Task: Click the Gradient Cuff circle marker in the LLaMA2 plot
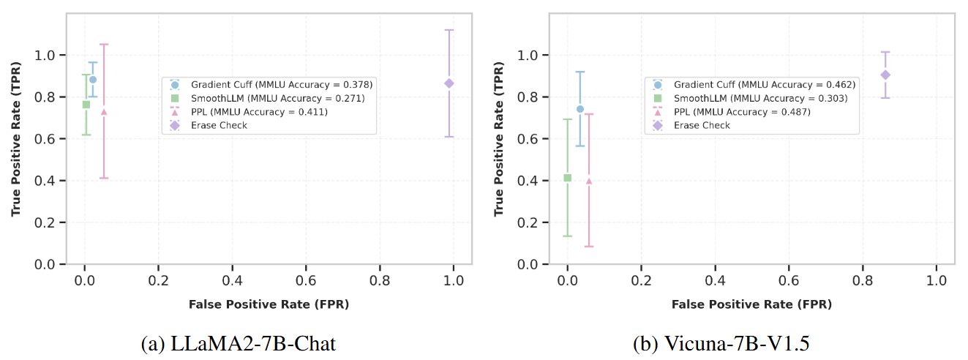click(93, 80)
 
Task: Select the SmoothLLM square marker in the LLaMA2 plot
click(86, 105)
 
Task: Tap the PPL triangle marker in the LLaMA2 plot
click(104, 112)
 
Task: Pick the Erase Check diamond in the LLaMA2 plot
click(449, 83)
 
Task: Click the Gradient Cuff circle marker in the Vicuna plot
click(580, 109)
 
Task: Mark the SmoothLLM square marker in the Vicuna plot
click(567, 178)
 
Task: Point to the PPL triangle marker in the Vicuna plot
click(589, 181)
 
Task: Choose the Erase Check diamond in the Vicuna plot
click(885, 75)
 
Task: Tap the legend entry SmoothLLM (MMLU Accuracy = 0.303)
click(761, 98)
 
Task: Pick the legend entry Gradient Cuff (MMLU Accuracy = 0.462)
click(765, 85)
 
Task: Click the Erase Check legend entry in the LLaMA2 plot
click(219, 125)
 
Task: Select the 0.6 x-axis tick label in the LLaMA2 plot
click(306, 281)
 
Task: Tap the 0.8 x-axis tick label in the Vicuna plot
click(863, 281)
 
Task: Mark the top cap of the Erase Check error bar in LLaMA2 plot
click(449, 30)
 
